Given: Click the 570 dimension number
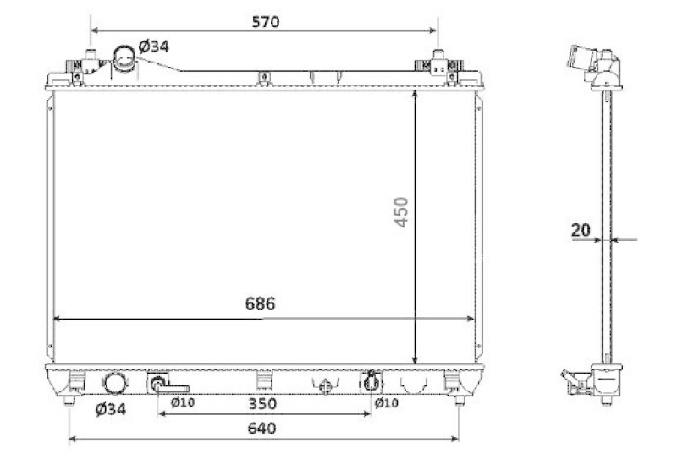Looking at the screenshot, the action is (x=266, y=22).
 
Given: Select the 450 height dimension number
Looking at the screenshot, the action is (x=401, y=211).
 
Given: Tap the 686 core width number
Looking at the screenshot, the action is (x=260, y=303).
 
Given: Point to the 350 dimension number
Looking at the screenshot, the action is (x=262, y=403).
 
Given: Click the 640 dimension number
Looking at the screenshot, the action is (x=262, y=429).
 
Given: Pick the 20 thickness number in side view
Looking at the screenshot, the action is (x=581, y=230).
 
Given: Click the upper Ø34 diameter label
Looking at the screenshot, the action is (x=154, y=46).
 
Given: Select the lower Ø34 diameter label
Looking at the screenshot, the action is (x=111, y=408).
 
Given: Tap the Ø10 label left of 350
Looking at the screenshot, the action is (x=183, y=402).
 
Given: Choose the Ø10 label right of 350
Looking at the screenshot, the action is (x=387, y=402).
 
